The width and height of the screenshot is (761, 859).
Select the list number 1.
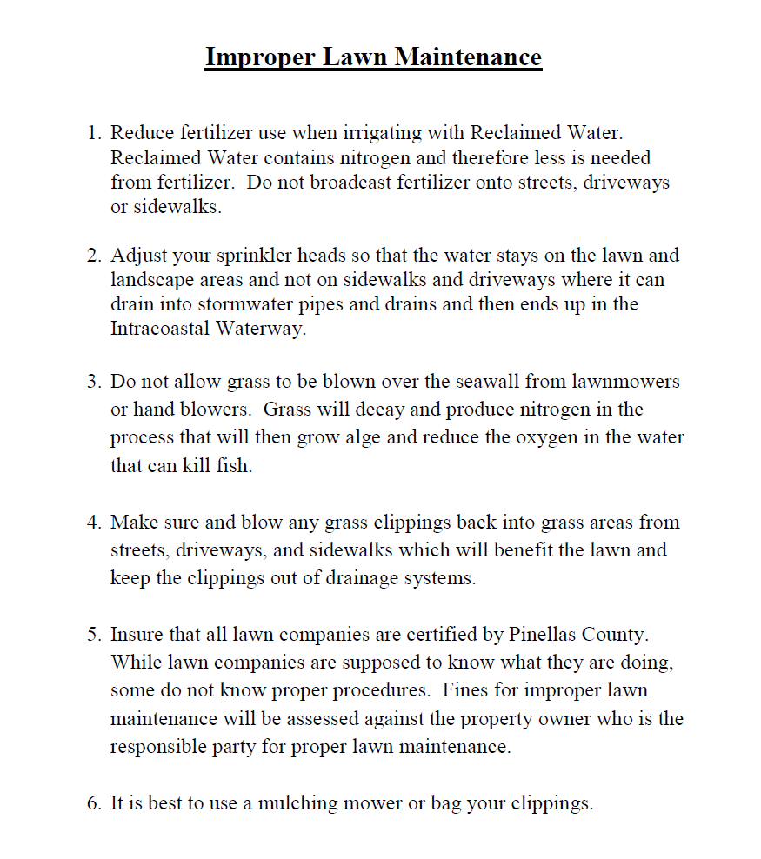point(93,133)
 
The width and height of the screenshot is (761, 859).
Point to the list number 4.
point(93,523)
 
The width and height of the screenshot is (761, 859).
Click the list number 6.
point(93,802)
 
